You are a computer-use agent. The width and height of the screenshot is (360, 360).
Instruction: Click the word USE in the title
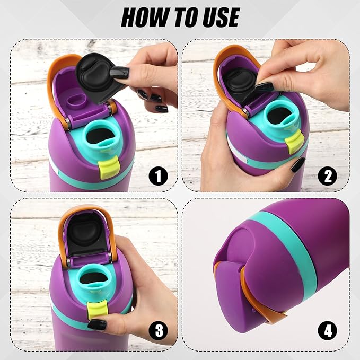point(221,17)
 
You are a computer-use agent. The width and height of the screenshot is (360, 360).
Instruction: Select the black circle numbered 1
point(158,177)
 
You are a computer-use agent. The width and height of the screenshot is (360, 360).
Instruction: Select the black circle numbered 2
point(328,177)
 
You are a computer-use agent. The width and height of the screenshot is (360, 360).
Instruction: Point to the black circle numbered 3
point(158,331)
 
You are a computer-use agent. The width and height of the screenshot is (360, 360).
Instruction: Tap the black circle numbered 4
point(328,331)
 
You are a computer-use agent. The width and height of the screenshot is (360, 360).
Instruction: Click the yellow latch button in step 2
point(295,141)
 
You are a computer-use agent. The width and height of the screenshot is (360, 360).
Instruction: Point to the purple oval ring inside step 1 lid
point(76,102)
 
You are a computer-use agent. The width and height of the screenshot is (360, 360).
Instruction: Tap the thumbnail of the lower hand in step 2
point(298,165)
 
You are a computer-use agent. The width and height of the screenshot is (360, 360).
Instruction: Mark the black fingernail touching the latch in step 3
point(97,325)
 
